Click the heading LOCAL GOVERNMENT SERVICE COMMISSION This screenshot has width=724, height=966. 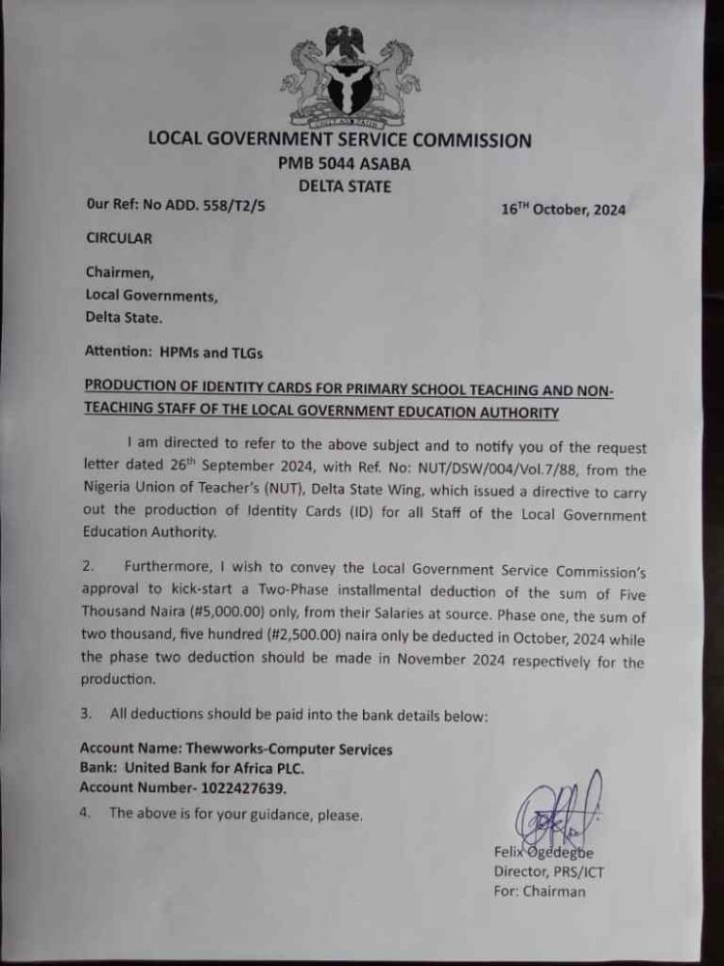(338, 140)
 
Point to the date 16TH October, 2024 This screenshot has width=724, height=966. (563, 210)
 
